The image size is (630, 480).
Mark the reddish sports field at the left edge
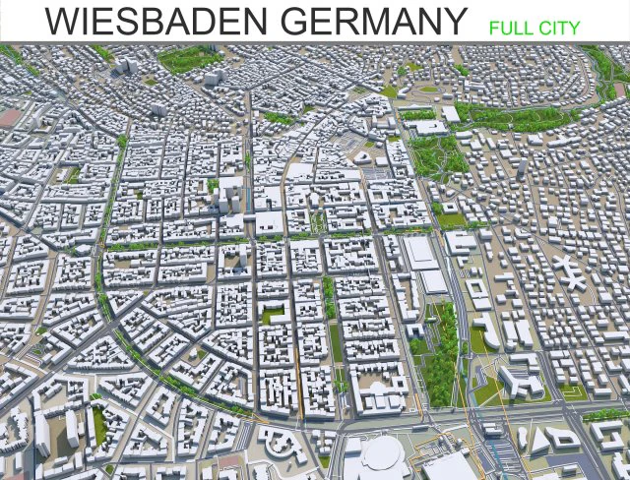[x=8, y=117]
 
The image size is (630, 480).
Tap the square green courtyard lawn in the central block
[x=277, y=315]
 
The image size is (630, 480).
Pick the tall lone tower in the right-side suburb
[x=519, y=169]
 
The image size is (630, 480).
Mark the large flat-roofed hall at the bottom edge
[x=447, y=467]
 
